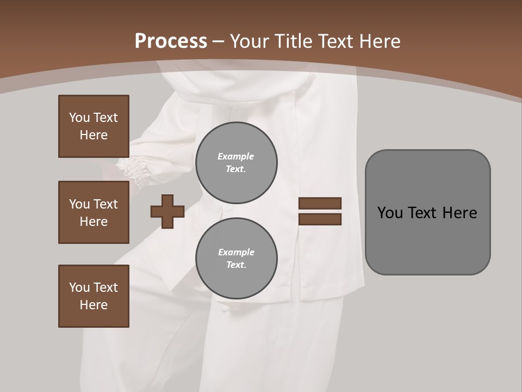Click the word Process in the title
pos(171,41)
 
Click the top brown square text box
pos(94,126)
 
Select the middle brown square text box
pos(94,212)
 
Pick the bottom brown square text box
pos(94,296)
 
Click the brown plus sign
pos(167,211)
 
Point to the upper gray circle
pos(237,163)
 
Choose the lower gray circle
pos(237,259)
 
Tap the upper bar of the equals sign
pos(320,203)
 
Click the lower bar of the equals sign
pos(320,219)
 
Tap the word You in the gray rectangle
pos(390,213)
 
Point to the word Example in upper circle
pos(236,156)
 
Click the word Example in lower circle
pos(236,252)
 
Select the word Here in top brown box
pos(94,135)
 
